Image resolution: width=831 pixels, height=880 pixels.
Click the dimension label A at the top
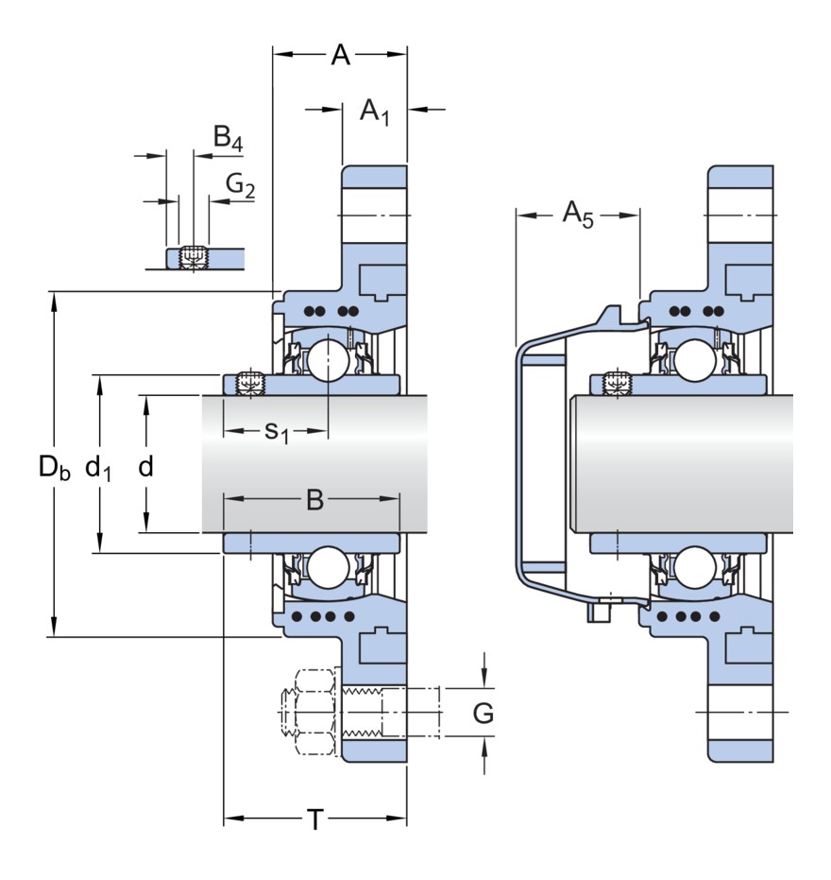340,56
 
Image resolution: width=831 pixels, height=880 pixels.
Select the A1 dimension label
375,112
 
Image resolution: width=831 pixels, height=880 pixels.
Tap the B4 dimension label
228,140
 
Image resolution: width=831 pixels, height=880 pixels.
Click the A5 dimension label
578,215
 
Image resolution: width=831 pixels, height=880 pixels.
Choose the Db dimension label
54,466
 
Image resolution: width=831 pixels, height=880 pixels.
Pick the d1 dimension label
98,466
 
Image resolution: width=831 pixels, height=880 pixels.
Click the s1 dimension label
276,431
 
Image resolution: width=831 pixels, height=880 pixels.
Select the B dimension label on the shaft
314,500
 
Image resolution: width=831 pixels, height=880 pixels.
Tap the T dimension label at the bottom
314,820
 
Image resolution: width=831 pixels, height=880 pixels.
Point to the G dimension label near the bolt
483,714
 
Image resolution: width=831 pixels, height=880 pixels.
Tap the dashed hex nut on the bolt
314,713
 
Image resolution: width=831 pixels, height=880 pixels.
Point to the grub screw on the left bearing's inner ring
250,384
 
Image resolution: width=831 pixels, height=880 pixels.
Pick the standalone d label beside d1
145,466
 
